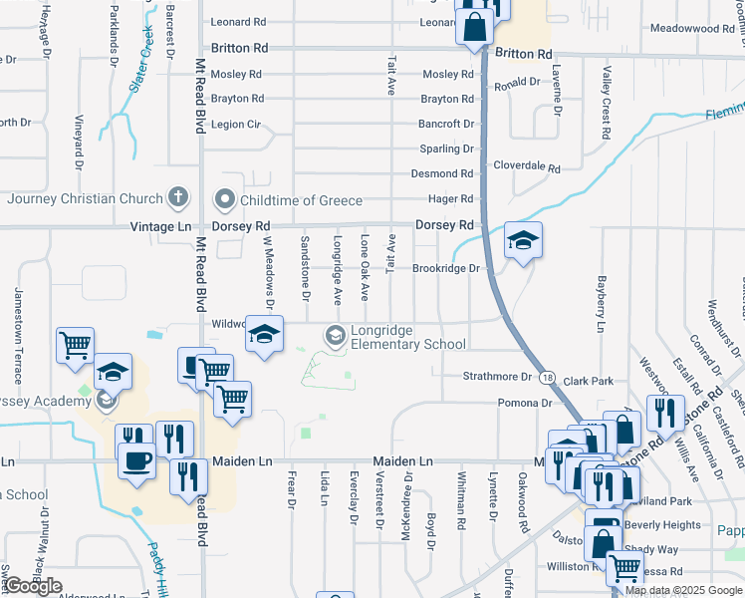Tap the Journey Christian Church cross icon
(x=178, y=197)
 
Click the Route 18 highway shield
(x=549, y=377)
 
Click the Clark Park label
(x=588, y=381)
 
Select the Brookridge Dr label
(x=446, y=269)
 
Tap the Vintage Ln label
(x=160, y=227)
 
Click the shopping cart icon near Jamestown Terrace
(x=76, y=345)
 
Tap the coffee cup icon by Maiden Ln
(x=135, y=460)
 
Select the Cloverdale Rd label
(x=527, y=168)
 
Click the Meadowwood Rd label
(x=691, y=29)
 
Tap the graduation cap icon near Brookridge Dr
(x=522, y=240)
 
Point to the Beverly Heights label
(x=662, y=525)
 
